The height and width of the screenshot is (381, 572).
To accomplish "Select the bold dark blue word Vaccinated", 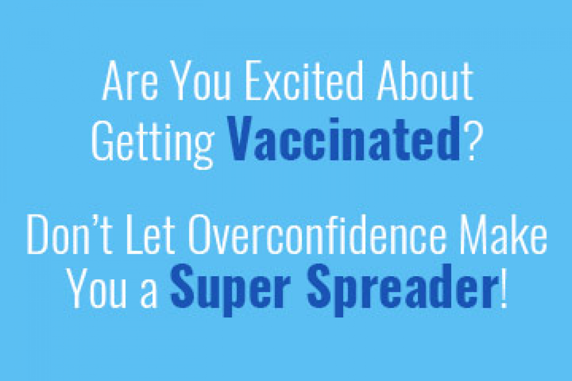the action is (x=343, y=138).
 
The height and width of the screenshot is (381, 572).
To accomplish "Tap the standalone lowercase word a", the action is (x=149, y=294).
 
